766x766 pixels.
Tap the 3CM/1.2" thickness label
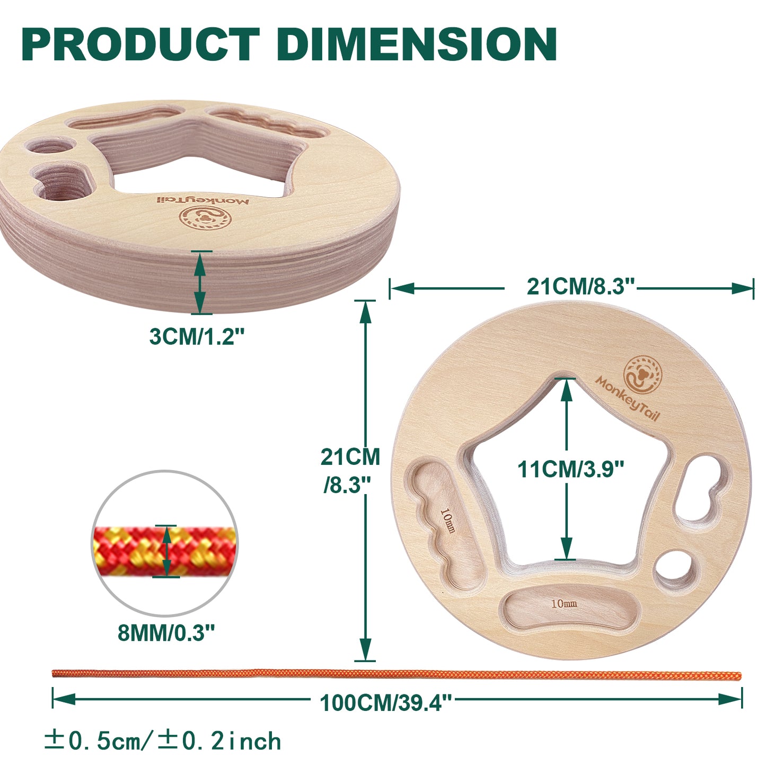pyautogui.click(x=196, y=336)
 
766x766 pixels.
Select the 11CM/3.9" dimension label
pyautogui.click(x=570, y=470)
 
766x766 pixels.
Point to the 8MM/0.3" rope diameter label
pyautogui.click(x=166, y=632)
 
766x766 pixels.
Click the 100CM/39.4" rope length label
pyautogui.click(x=386, y=703)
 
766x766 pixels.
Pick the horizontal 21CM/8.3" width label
pyautogui.click(x=581, y=286)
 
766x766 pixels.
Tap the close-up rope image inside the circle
pyautogui.click(x=164, y=551)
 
